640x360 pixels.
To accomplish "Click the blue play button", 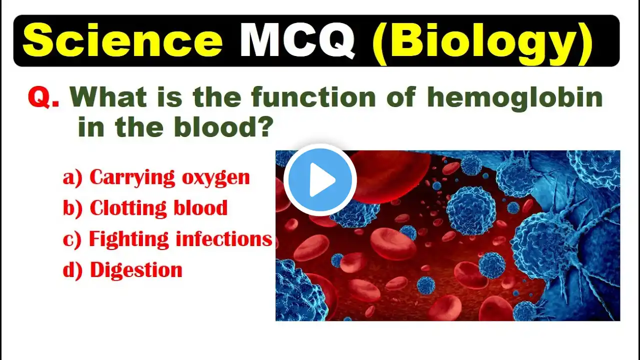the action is coord(320,179).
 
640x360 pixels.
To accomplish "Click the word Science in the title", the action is coord(122,40).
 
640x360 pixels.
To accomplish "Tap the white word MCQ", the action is coord(297,40).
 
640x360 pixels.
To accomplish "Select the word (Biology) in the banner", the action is coord(483,43).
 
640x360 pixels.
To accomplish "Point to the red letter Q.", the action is coord(43,97).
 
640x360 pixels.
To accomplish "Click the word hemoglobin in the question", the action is coord(515,98).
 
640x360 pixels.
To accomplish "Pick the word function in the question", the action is coord(313,97).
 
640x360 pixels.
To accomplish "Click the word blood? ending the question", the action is coord(222,126).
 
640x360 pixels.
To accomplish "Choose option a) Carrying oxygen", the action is coord(156,178).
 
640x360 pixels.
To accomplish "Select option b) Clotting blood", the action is coord(145,208).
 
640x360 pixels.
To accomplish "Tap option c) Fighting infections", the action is coord(167,239).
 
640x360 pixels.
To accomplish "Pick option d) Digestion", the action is coord(122,270).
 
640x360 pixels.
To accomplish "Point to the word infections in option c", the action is coord(223,238).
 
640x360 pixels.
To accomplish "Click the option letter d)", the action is coord(72,270).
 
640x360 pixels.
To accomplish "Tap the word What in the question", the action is coord(108,97).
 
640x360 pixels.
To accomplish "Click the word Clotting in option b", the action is coord(128,208).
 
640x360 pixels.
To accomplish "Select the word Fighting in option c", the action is coord(129,239).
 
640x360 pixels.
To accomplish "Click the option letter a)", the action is coord(72,178).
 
